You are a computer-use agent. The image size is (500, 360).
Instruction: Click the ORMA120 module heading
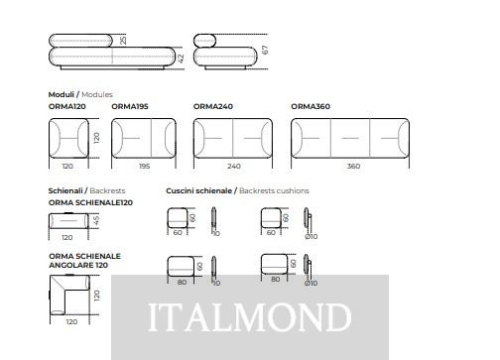[67, 106]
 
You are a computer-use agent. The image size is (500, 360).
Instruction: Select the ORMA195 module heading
[130, 106]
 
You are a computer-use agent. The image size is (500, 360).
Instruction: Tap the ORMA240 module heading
[213, 106]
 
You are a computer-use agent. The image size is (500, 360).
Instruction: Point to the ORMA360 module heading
[311, 106]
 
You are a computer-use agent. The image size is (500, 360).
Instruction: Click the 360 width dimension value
[353, 166]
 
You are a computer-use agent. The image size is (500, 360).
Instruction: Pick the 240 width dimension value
[234, 166]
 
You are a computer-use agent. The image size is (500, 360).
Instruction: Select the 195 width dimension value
[144, 166]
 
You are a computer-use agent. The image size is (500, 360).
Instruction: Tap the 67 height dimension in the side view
[265, 50]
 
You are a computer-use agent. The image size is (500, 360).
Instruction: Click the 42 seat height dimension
[181, 59]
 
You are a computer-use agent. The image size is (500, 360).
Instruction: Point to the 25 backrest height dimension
[123, 41]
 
